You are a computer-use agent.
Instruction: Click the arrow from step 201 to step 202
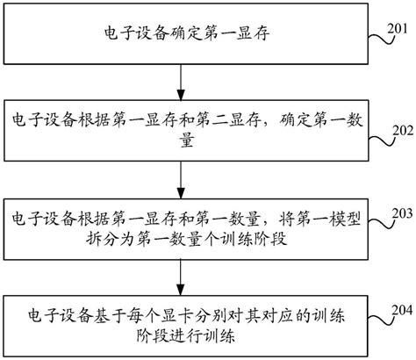(180, 84)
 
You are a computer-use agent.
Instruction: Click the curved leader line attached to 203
(372, 221)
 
